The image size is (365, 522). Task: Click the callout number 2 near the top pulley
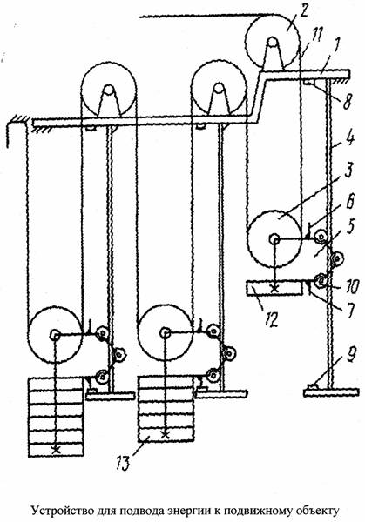point(303,12)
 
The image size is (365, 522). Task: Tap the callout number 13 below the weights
point(123,464)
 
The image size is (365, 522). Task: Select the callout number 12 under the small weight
point(272,320)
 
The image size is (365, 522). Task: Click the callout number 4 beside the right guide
point(349,137)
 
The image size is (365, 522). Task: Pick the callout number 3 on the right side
point(349,171)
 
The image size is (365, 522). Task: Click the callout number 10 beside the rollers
point(352,286)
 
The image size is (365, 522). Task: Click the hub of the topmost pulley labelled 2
point(273,43)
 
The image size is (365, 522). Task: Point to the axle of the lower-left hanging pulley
point(55,335)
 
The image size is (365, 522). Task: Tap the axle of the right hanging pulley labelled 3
point(274,238)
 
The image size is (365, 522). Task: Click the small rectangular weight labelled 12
point(274,288)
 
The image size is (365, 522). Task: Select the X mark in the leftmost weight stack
point(56,451)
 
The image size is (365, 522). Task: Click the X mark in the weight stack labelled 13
point(165,434)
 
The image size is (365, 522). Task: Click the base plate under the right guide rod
point(331,392)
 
